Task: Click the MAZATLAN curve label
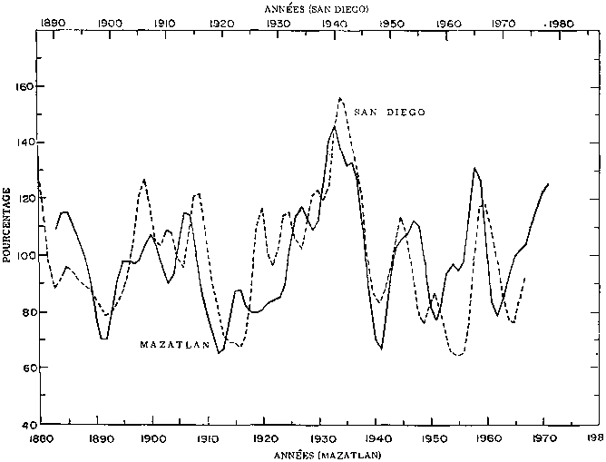click(176, 345)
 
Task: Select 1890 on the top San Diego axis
click(54, 22)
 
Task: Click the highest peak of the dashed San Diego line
click(340, 97)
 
